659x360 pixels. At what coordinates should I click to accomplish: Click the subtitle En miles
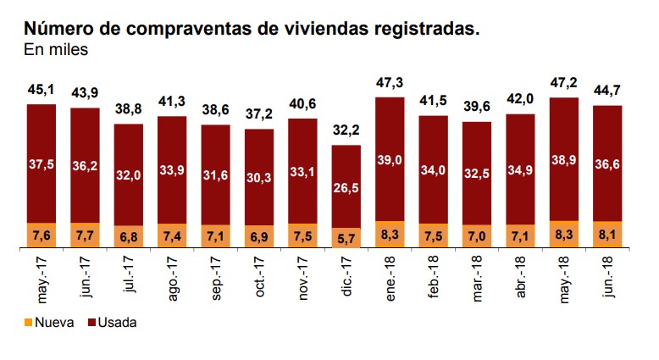[x=56, y=49]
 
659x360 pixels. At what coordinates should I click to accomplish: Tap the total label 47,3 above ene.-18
[x=390, y=83]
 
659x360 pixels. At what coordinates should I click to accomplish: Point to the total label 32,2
[x=346, y=131]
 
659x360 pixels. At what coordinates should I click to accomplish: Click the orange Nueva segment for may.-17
[x=40, y=235]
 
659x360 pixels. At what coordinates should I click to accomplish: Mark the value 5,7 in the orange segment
[x=346, y=238]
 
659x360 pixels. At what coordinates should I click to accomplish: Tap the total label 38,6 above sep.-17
[x=215, y=111]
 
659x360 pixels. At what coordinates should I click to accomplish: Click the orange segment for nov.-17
[x=302, y=235]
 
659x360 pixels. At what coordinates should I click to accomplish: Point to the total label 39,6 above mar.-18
[x=477, y=108]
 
